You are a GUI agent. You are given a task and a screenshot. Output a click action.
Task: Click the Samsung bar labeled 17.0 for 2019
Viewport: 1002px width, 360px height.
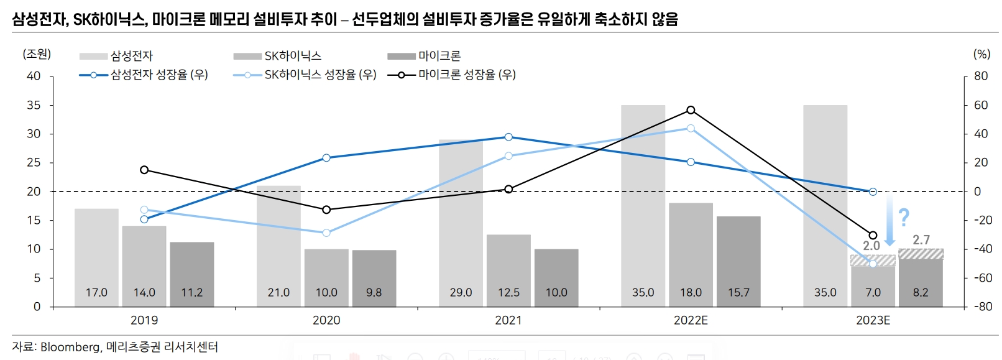coord(96,257)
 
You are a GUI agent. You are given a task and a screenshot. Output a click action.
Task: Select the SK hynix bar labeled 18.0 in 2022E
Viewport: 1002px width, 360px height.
coord(691,254)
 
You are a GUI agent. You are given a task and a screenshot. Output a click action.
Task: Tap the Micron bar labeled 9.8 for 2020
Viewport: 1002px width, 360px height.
coord(374,278)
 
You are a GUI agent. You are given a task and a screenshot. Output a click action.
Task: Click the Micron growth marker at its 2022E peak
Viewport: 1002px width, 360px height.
coord(691,110)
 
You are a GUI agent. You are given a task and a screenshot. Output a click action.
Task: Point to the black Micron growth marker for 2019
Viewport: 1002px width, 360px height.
coord(144,170)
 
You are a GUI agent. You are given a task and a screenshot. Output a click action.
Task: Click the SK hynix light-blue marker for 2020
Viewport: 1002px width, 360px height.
coord(326,233)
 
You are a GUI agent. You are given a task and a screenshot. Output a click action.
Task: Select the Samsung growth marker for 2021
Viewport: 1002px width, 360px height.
coord(508,137)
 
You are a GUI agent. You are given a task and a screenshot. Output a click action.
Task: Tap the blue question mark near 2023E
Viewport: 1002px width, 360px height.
coord(904,217)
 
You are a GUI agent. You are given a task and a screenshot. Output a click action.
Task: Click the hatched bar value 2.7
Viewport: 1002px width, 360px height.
coord(921,240)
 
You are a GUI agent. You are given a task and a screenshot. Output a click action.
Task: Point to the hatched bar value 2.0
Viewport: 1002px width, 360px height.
coord(871,246)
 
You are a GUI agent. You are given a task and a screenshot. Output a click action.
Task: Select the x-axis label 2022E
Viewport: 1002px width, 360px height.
coord(691,320)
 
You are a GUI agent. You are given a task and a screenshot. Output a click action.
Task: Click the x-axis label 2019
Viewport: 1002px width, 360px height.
coord(144,320)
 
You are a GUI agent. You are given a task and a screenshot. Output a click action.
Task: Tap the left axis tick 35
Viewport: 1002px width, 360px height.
coord(34,105)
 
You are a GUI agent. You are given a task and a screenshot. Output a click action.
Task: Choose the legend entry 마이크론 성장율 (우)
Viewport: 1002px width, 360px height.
coord(466,75)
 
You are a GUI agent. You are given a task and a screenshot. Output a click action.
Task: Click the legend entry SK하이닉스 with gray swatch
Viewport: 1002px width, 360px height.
coord(292,56)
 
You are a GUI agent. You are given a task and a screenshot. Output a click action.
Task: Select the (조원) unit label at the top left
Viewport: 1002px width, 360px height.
coord(37,54)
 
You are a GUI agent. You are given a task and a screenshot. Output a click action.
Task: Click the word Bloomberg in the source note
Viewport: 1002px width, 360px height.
coord(70,347)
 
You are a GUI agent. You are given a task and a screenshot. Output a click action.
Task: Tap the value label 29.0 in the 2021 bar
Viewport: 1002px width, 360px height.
coord(461,292)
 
